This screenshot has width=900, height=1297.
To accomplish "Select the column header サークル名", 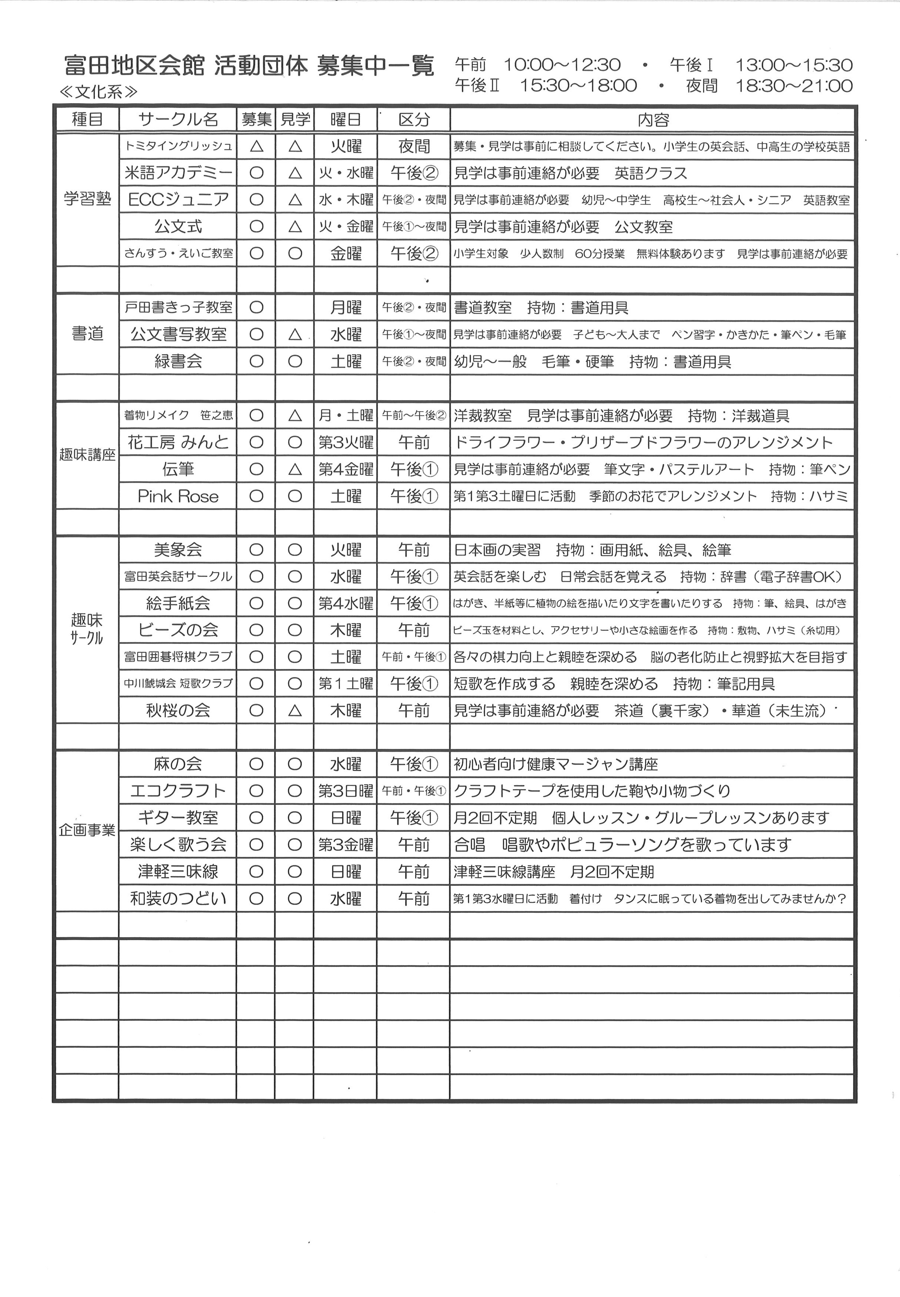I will (178, 120).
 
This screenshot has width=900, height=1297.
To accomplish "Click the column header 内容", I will (652, 120).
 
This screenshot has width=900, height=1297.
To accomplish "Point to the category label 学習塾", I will (88, 199).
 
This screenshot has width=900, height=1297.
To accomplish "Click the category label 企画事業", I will (88, 830).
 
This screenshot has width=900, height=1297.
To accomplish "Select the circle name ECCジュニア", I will (178, 200).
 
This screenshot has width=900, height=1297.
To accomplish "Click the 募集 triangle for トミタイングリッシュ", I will (256, 146).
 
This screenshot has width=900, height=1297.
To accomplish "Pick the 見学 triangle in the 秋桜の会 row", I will (294, 710).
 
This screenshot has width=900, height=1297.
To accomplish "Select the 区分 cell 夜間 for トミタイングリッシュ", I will (413, 146).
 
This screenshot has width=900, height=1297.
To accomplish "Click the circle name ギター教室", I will (178, 817).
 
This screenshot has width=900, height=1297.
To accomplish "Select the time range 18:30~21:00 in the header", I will (794, 86).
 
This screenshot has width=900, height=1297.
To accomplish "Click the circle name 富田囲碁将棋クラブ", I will (178, 656).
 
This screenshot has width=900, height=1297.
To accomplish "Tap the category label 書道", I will (88, 334).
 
